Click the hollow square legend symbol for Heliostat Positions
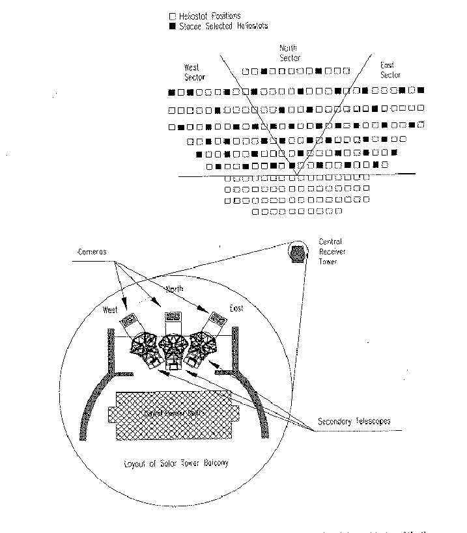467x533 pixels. point(171,15)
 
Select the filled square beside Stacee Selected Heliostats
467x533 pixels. point(171,26)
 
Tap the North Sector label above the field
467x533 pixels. point(289,53)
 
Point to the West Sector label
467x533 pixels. point(194,72)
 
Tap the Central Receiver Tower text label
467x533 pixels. point(332,249)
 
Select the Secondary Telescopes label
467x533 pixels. point(354,421)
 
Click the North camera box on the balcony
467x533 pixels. point(173,316)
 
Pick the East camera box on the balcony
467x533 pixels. point(216,319)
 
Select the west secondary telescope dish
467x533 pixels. point(143,344)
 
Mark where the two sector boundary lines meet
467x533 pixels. point(295,172)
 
